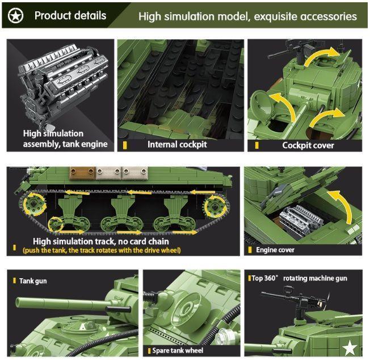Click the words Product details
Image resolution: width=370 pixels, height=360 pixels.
(70, 15)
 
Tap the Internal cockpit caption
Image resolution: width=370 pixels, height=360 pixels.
(177, 144)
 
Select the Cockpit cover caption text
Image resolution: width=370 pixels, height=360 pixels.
(308, 145)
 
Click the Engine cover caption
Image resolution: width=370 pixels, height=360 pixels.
(275, 250)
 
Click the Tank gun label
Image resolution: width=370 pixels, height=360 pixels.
(35, 281)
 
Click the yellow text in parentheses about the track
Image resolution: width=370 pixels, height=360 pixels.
(102, 250)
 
